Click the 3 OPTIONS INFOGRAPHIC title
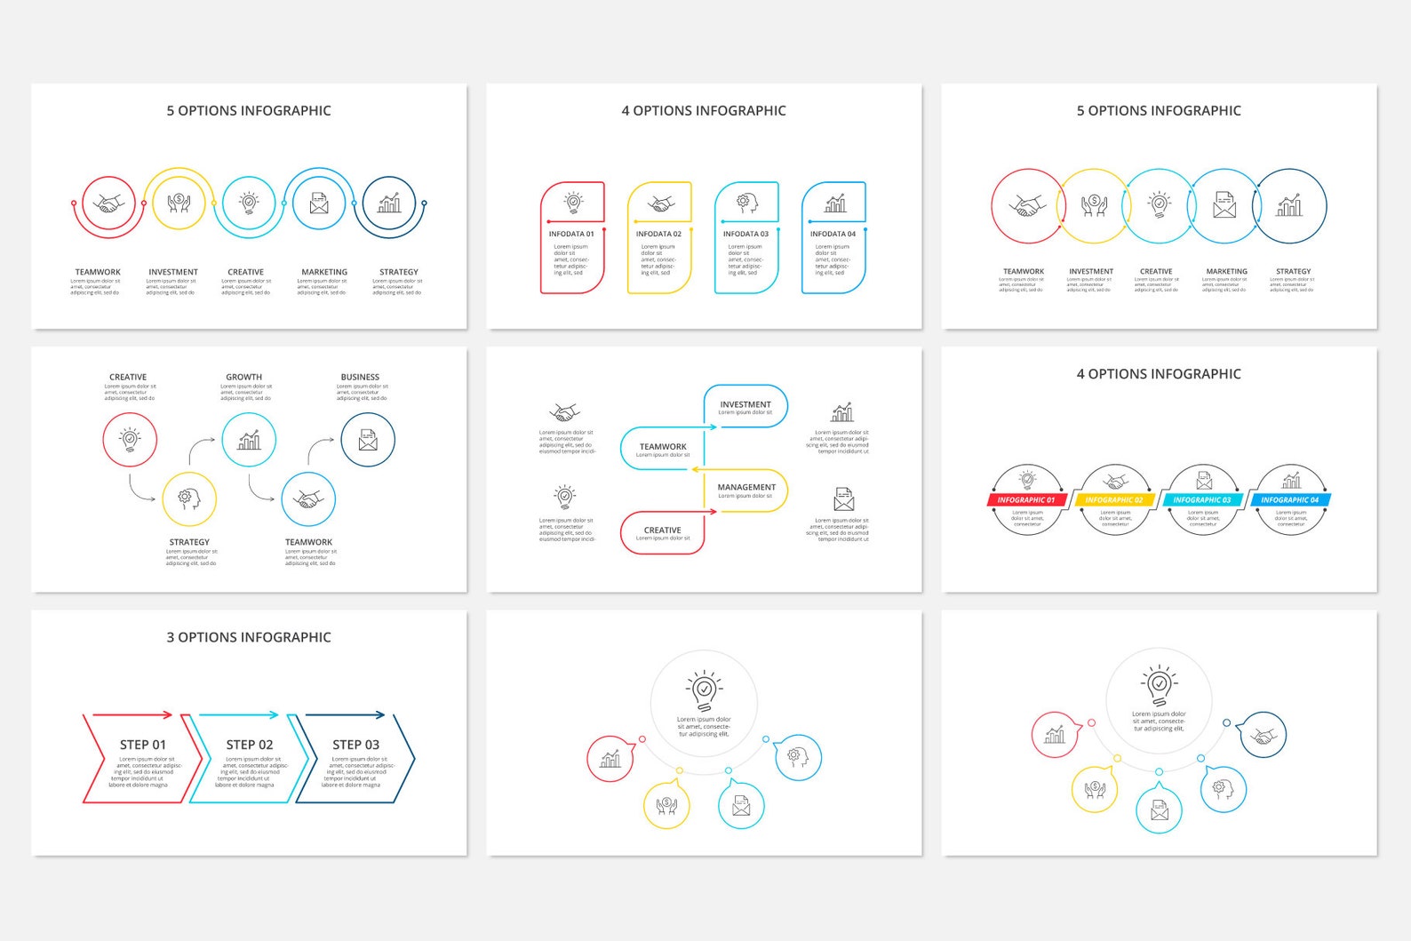[x=249, y=637]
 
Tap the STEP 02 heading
[x=250, y=745]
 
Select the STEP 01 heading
[x=143, y=745]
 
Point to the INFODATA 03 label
[x=745, y=235]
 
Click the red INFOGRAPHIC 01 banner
[x=1026, y=500]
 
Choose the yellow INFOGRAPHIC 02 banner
[x=1114, y=500]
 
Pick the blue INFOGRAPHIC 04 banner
[x=1290, y=500]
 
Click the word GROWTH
[x=243, y=377]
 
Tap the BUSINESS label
[x=360, y=377]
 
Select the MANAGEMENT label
[x=746, y=487]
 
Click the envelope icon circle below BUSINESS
[x=368, y=440]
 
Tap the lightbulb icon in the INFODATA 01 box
[x=574, y=203]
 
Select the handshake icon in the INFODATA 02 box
[x=660, y=204]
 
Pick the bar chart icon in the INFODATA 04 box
[x=835, y=203]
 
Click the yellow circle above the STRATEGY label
[x=189, y=499]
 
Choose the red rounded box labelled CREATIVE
[x=663, y=533]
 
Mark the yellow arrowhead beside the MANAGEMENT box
[x=696, y=469]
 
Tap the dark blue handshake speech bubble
[x=1263, y=736]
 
